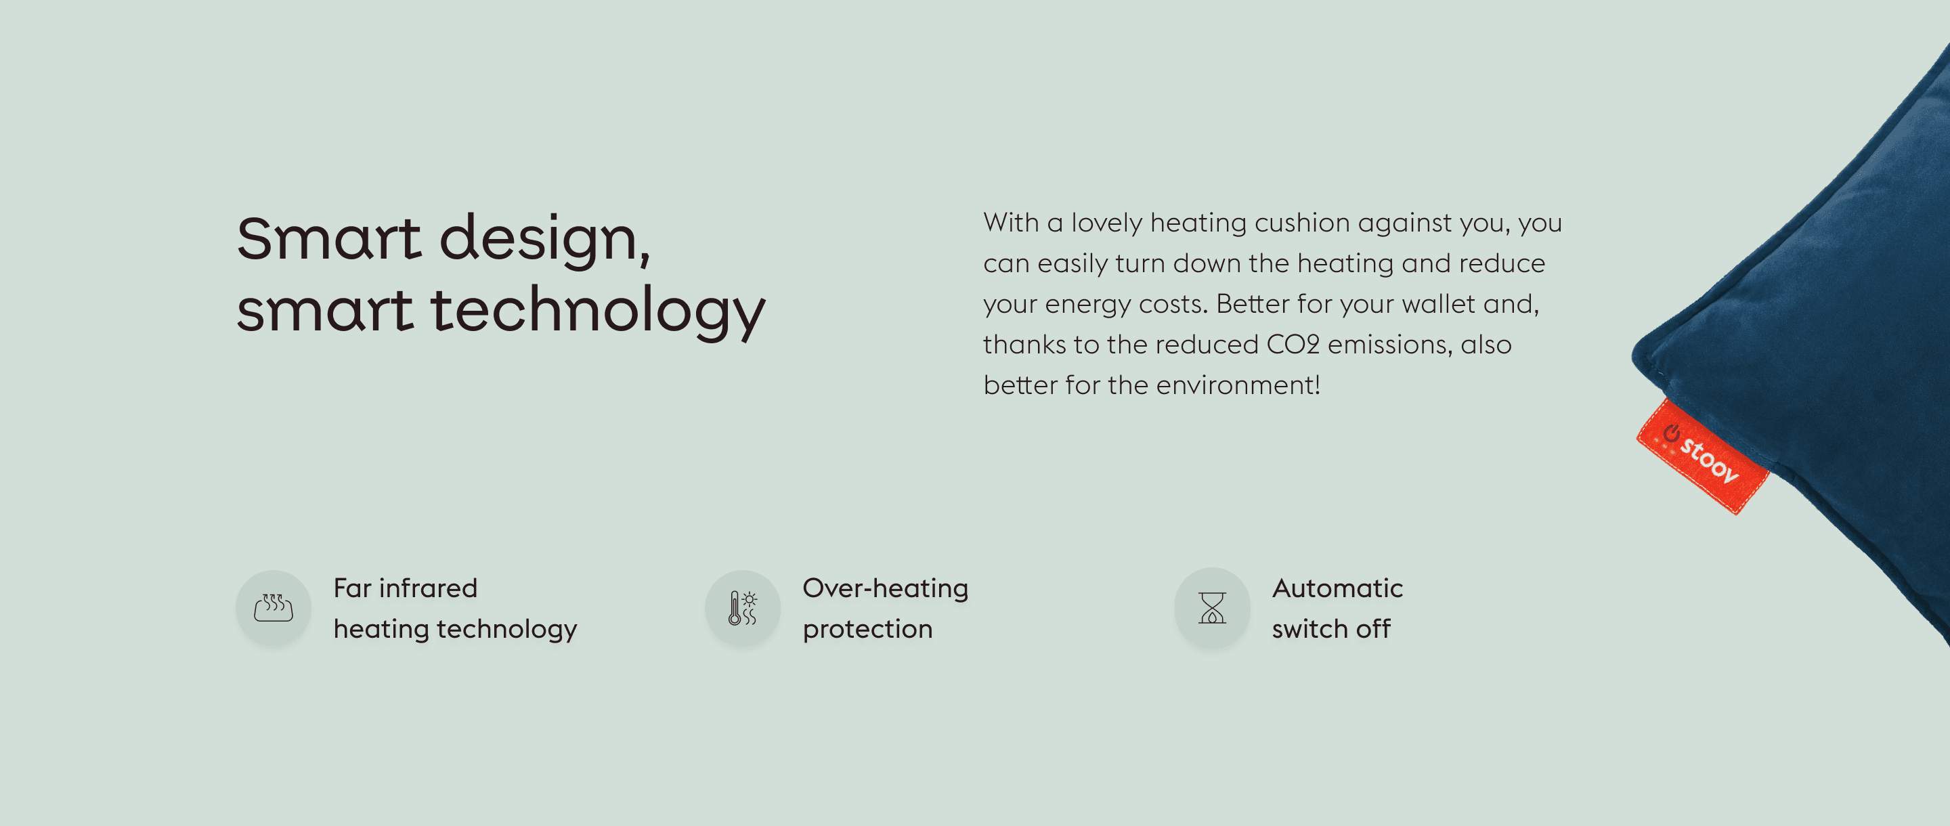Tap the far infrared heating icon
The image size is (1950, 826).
pyautogui.click(x=274, y=608)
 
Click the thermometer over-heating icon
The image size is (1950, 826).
pyautogui.click(x=743, y=608)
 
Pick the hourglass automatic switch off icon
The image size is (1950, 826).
pyautogui.click(x=1212, y=607)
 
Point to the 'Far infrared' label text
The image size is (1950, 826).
pyautogui.click(x=405, y=588)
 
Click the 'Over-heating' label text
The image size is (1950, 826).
pyautogui.click(x=885, y=589)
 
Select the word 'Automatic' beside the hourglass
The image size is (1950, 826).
pyautogui.click(x=1337, y=588)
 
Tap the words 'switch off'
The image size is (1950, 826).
pyautogui.click(x=1330, y=629)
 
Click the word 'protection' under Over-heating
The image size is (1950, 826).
pyautogui.click(x=867, y=630)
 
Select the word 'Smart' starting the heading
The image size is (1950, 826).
pyautogui.click(x=328, y=238)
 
